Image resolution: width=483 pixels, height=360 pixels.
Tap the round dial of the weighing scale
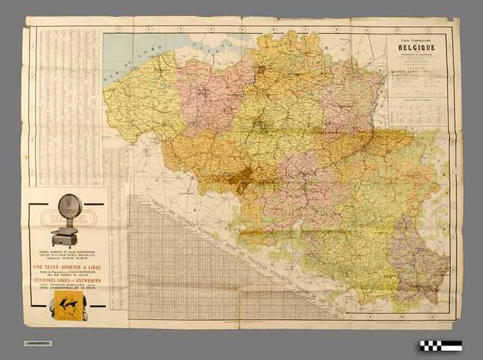(69, 208)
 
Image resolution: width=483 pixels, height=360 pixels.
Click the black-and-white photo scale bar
(441, 345)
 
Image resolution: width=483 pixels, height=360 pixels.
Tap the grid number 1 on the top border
(118, 29)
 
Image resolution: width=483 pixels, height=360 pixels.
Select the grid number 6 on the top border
(273, 29)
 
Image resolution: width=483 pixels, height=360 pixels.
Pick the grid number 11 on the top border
(428, 29)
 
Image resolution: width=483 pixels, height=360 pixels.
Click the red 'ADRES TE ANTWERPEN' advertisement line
(66, 282)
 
